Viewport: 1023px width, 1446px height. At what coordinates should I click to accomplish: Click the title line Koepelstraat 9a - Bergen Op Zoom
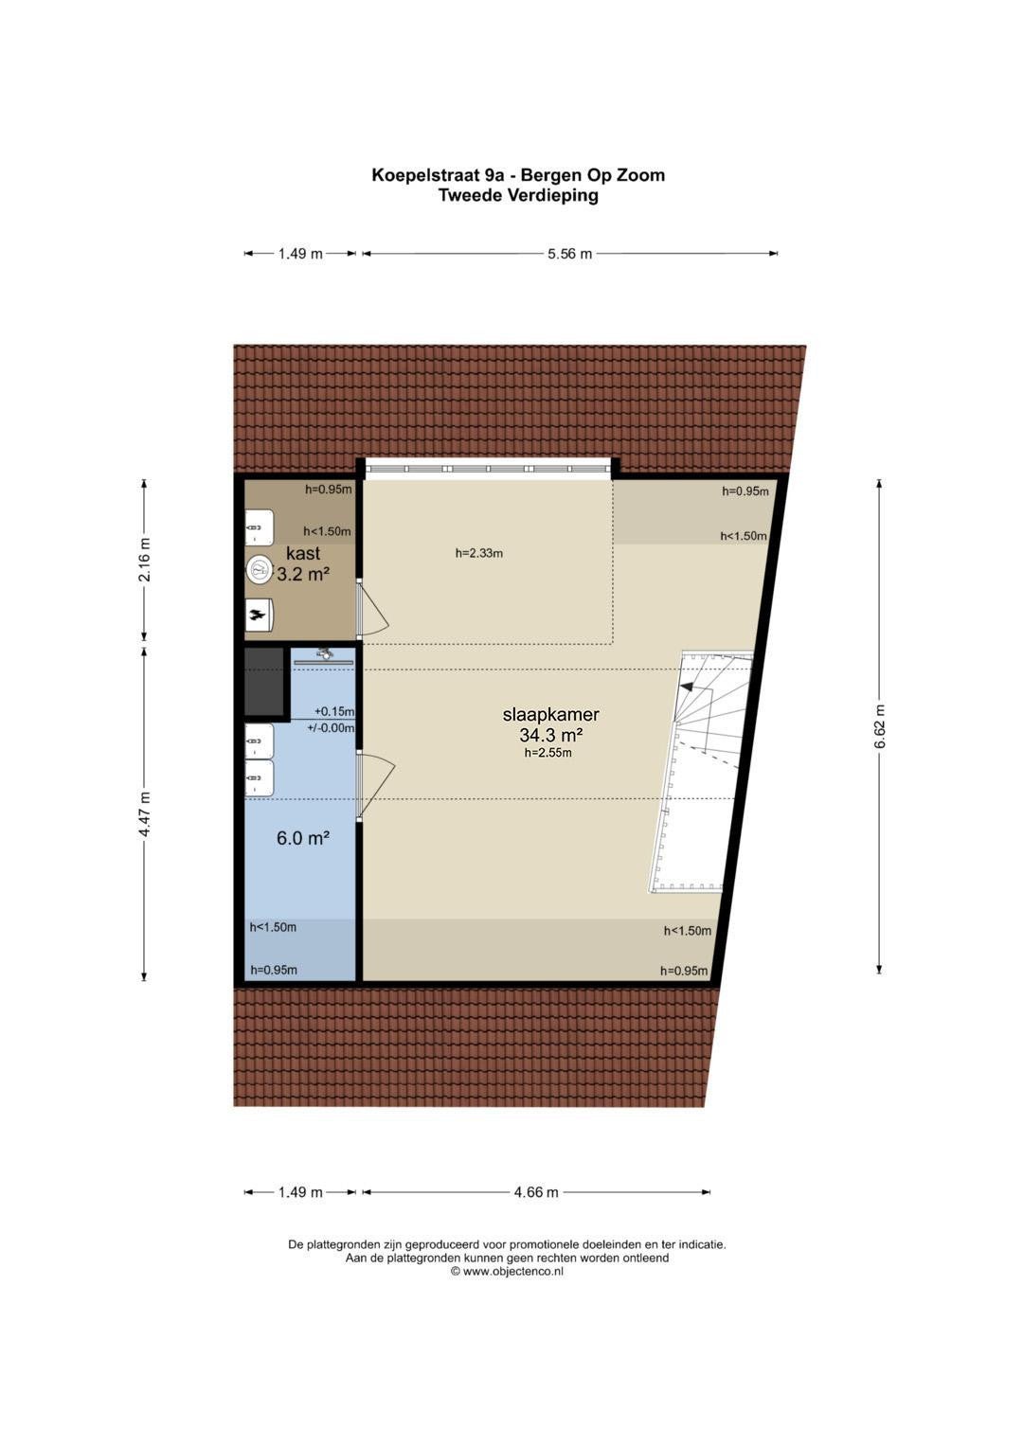tap(518, 175)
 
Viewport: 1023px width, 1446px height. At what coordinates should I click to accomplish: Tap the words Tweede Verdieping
tap(518, 195)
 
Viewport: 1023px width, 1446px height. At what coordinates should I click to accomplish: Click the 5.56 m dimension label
tap(569, 254)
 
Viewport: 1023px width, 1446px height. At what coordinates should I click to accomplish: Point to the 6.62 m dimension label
tap(879, 725)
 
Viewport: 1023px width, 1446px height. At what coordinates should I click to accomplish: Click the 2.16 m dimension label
tap(144, 559)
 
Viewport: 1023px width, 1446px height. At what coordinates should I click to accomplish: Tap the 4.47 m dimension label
tap(144, 814)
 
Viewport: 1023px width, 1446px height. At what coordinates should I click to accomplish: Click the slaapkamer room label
tap(551, 715)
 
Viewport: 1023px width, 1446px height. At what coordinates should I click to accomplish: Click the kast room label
tap(303, 553)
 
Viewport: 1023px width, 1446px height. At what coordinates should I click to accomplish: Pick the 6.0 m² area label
tap(303, 838)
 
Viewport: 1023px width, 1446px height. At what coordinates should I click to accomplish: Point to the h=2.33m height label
tap(478, 553)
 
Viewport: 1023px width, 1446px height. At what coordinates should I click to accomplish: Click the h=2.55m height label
tap(547, 752)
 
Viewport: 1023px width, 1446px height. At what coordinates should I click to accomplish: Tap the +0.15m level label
tap(333, 711)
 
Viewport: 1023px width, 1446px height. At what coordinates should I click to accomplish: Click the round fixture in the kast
tap(260, 569)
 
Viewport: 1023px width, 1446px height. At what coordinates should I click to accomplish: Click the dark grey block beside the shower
tap(264, 683)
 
